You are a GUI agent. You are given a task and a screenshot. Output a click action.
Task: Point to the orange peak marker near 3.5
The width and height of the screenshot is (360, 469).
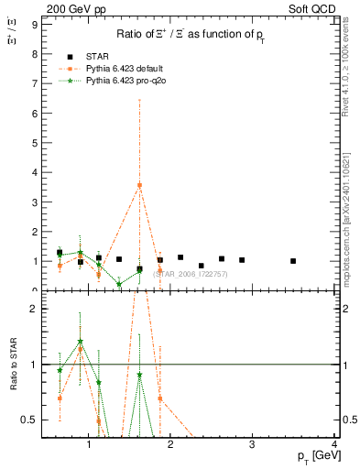click(139, 185)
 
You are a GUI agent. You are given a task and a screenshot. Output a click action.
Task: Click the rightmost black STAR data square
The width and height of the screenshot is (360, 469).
click(293, 261)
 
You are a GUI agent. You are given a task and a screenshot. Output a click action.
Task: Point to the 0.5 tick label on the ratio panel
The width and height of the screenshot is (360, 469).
click(29, 420)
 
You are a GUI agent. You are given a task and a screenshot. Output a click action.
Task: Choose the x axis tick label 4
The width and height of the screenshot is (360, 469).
click(334, 445)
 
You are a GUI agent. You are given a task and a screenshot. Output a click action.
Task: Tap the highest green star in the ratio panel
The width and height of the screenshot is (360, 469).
click(81, 342)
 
